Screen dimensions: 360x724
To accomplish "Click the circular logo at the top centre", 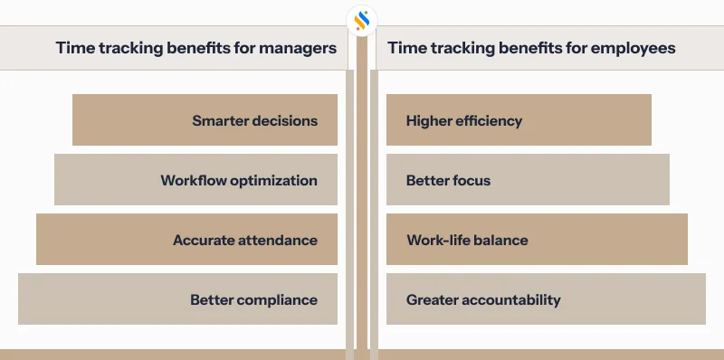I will pos(362,19).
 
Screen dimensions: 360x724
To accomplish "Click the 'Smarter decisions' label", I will pos(254,120).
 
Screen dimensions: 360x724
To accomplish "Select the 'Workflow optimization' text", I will pos(239,180).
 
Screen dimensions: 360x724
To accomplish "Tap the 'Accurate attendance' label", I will pos(245,240).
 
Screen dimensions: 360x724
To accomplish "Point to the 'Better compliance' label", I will pos(253,299).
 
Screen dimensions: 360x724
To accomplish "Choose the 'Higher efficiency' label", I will pos(464,120).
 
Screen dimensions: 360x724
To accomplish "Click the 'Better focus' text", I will pos(448,180).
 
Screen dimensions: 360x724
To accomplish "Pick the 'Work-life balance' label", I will pos(467,240).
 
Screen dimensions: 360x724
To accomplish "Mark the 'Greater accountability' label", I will pos(483,299).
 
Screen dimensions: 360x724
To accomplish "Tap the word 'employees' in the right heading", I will pos(636,48).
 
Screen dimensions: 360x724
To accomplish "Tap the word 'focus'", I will pos(471,180).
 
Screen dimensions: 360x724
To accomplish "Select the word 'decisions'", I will pos(286,120).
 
